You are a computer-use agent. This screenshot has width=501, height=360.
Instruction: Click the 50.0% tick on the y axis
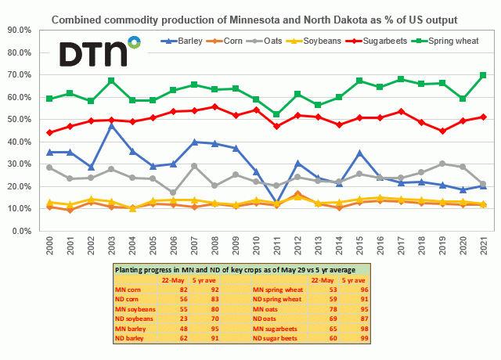pos(19,119)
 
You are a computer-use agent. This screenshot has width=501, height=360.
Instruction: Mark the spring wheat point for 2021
pos(483,75)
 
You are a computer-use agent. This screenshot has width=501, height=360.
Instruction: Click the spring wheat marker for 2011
pos(276,114)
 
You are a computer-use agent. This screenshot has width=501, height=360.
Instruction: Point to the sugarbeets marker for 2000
pos(49,132)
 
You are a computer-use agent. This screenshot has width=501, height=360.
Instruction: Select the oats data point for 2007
pos(193,166)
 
